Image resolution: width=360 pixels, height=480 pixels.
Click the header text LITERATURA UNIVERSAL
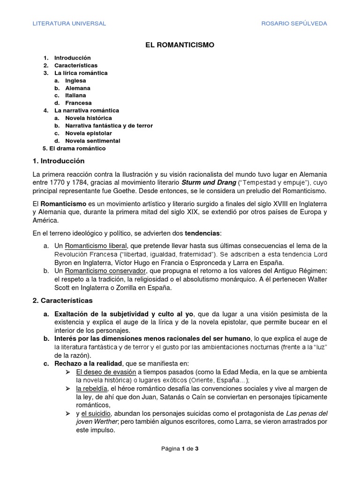pyautogui.click(x=69, y=23)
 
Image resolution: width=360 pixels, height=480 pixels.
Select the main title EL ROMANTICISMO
pyautogui.click(x=180, y=45)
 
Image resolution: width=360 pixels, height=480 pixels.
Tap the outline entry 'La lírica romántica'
pyautogui.click(x=81, y=73)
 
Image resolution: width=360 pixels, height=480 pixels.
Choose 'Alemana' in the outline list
pyautogui.click(x=78, y=88)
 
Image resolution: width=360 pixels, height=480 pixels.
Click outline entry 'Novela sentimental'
pyautogui.click(x=92, y=141)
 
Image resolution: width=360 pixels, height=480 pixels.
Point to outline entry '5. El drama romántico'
pyautogui.click(x=74, y=148)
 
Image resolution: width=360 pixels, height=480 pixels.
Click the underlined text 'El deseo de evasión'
pyautogui.click(x=106, y=372)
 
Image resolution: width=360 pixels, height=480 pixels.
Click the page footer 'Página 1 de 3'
pyautogui.click(x=180, y=448)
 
